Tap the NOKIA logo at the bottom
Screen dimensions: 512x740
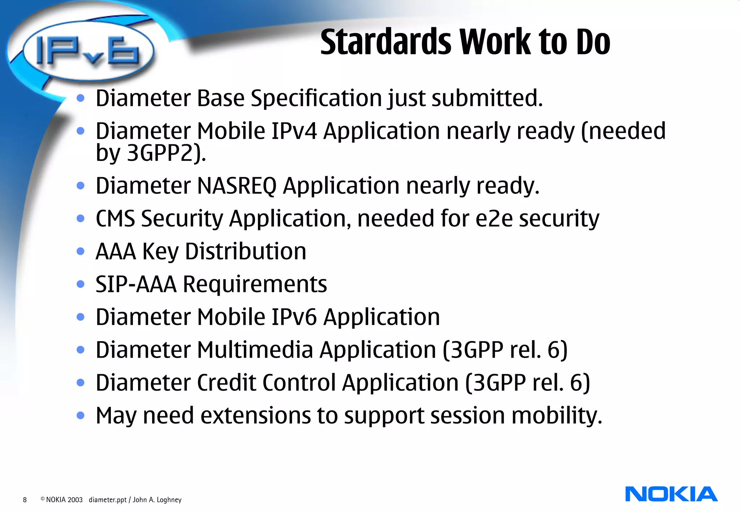(x=671, y=494)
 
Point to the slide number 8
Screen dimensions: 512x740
(x=25, y=500)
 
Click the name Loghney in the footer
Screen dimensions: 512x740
(x=169, y=500)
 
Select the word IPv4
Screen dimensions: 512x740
(x=294, y=131)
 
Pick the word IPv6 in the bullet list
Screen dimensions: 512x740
(x=294, y=317)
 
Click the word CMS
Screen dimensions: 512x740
(x=115, y=219)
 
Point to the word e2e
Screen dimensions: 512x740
(x=494, y=219)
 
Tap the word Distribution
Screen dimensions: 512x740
(x=245, y=251)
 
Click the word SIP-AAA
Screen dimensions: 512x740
(x=136, y=284)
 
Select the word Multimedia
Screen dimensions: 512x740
(x=255, y=350)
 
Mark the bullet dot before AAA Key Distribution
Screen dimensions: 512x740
(x=81, y=251)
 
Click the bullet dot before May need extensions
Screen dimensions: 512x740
(x=81, y=415)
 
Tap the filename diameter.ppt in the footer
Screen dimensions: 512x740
(x=108, y=500)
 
